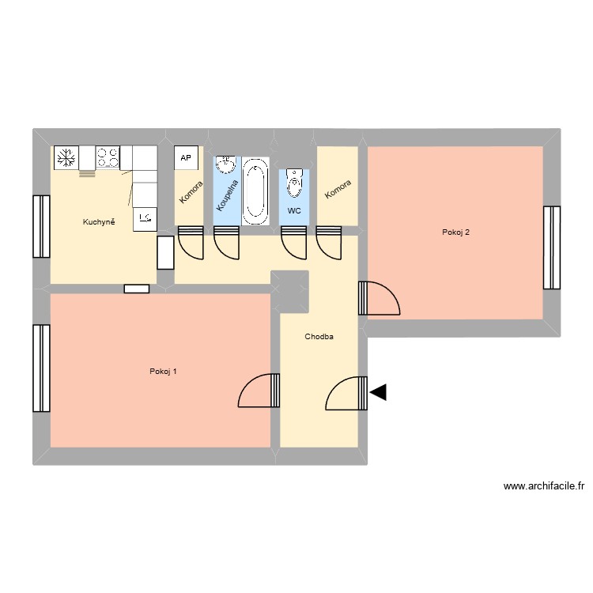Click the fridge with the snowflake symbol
click(x=65, y=158)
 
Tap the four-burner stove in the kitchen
click(x=108, y=158)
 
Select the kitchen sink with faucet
click(x=145, y=218)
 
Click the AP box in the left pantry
click(x=187, y=158)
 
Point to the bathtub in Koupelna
click(x=255, y=190)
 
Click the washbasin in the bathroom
click(x=226, y=165)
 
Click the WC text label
click(x=294, y=211)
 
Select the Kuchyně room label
click(x=100, y=222)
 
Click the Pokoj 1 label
click(x=163, y=372)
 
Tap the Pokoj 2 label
click(x=456, y=232)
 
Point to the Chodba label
click(x=319, y=337)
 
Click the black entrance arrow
click(x=378, y=391)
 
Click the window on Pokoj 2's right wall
click(x=551, y=247)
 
